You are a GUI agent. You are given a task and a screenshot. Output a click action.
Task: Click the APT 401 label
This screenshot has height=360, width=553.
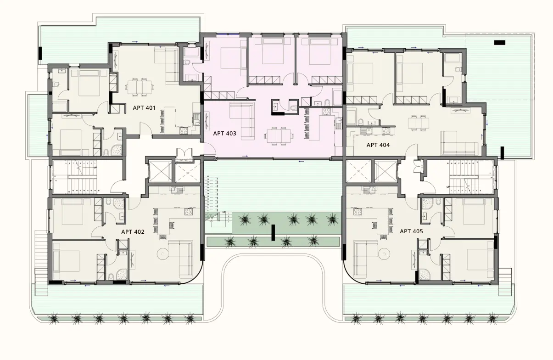click(x=144, y=108)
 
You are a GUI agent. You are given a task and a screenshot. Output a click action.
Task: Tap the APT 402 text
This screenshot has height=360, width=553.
click(x=133, y=232)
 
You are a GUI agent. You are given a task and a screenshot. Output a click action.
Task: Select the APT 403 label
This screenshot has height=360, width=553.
click(x=224, y=134)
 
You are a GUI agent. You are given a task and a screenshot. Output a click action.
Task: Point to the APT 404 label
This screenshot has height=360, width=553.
click(x=378, y=145)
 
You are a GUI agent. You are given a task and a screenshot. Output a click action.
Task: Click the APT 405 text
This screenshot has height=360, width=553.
click(x=411, y=231)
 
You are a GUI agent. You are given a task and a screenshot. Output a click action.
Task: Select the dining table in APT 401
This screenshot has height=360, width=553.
click(x=139, y=86)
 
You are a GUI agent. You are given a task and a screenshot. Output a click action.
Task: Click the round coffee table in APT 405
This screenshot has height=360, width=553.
click(x=385, y=253)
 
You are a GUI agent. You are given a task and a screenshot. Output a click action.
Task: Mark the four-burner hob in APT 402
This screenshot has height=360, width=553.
click(x=189, y=212)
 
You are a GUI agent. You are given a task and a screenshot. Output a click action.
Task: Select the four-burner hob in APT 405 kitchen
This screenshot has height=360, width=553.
click(x=357, y=212)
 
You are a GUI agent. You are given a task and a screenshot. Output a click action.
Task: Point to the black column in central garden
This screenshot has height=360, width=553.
click(x=273, y=232)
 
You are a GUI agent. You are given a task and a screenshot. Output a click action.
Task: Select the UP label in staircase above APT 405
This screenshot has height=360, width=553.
click(x=448, y=187)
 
